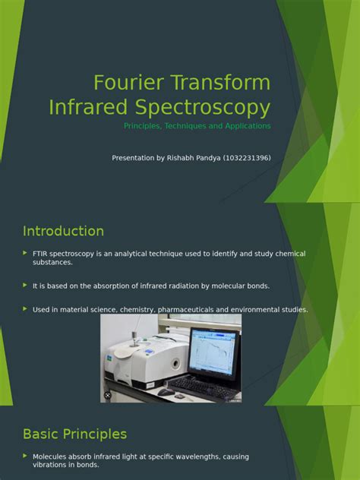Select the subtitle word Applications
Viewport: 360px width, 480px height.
click(x=245, y=126)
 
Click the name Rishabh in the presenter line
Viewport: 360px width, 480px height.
click(x=185, y=158)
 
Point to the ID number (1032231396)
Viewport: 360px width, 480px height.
click(x=245, y=158)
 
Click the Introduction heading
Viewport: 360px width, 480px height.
click(x=63, y=231)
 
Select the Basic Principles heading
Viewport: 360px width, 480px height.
click(x=74, y=434)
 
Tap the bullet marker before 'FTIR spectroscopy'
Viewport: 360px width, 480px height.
click(x=25, y=253)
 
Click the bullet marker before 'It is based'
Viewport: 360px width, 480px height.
click(x=25, y=286)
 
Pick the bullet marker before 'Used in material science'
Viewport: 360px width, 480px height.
click(x=25, y=309)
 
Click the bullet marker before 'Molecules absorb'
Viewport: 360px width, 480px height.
click(x=25, y=456)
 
